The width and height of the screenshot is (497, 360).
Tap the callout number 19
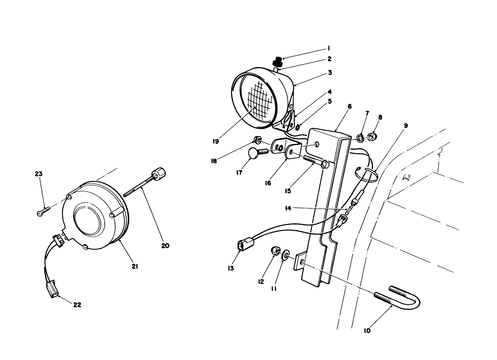(x=216, y=141)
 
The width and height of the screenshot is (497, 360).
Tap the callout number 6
(x=349, y=107)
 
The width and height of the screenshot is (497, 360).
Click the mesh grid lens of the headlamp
(x=260, y=97)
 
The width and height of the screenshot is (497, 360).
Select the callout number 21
(x=135, y=267)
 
